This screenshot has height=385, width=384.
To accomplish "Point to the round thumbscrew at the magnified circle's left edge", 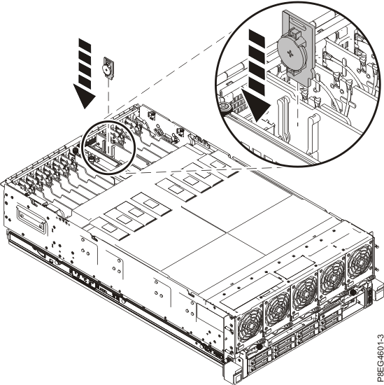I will coord(226,107).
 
